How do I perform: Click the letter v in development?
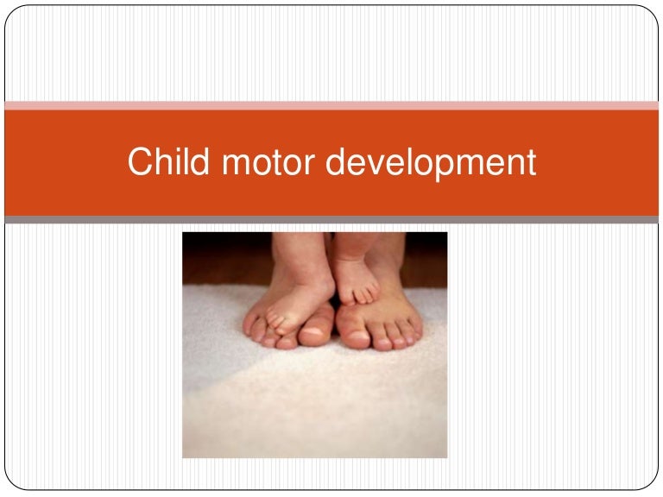pos(376,165)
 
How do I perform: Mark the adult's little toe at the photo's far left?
pos(250,327)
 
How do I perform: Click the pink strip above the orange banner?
pos(331,105)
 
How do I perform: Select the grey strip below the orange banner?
pos(331,220)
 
